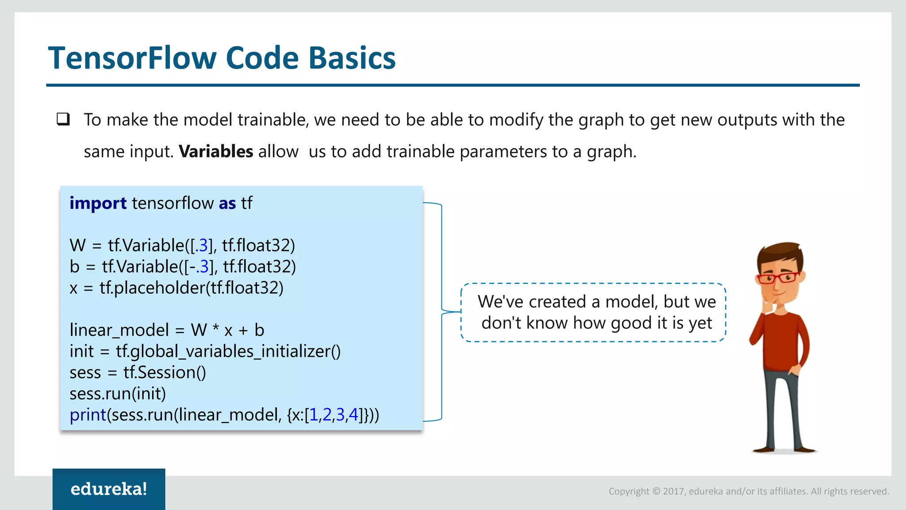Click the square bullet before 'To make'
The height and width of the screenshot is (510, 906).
click(63, 119)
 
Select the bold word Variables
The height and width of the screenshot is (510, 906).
click(216, 151)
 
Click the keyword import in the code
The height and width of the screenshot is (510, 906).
click(98, 203)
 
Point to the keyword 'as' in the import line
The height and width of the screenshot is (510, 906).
click(227, 203)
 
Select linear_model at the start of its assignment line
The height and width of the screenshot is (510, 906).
click(119, 330)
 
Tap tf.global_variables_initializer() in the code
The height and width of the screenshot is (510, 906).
click(228, 352)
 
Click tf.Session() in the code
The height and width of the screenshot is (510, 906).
click(165, 373)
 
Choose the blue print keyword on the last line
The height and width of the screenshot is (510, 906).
click(88, 415)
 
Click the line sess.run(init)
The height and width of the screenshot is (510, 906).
click(118, 394)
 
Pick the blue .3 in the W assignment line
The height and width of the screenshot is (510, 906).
click(201, 245)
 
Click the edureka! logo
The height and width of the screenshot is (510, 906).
click(109, 489)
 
